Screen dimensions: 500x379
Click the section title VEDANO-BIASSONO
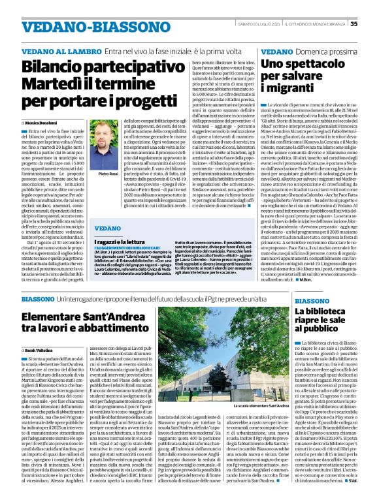click(85, 25)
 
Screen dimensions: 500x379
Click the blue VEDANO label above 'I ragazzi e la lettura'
click(107, 228)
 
